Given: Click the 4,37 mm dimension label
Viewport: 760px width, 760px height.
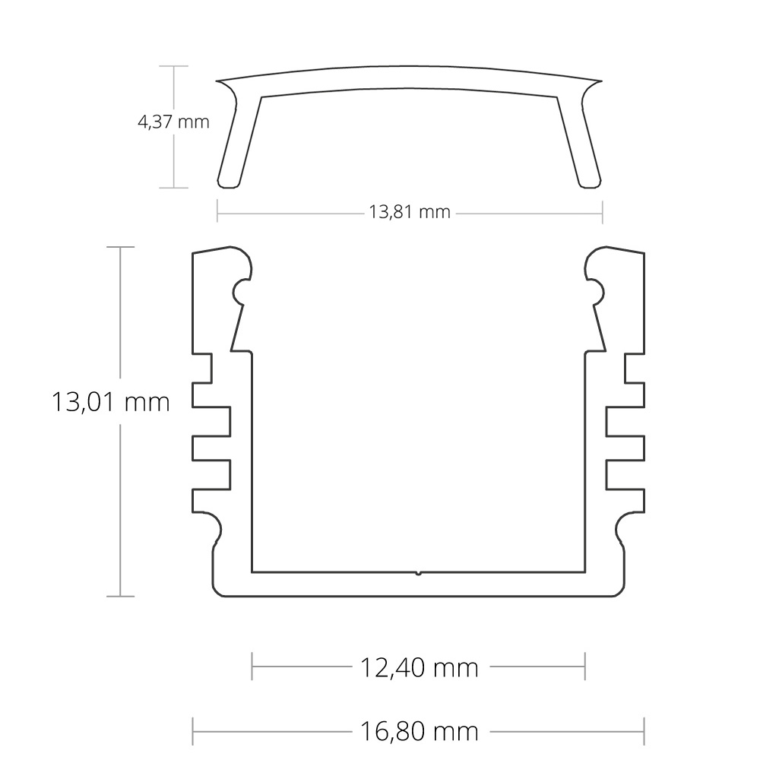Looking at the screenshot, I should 173,121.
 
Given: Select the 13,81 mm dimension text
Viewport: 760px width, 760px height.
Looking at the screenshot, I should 410,212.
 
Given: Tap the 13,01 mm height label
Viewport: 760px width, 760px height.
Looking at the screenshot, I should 110,401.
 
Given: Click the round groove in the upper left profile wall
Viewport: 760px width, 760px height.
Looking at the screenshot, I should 244,290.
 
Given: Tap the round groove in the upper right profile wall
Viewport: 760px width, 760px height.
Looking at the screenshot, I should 593,290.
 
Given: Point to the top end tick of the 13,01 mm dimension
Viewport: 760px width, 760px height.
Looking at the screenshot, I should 120,247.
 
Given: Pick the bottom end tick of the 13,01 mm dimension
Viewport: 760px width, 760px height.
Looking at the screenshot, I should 120,596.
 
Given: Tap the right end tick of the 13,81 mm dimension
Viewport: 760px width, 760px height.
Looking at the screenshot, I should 602,212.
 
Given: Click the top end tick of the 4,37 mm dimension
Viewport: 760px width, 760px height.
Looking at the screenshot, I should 175,66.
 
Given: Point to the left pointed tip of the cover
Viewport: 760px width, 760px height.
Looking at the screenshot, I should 217,82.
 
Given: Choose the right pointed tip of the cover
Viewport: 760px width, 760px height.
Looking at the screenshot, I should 601,81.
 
